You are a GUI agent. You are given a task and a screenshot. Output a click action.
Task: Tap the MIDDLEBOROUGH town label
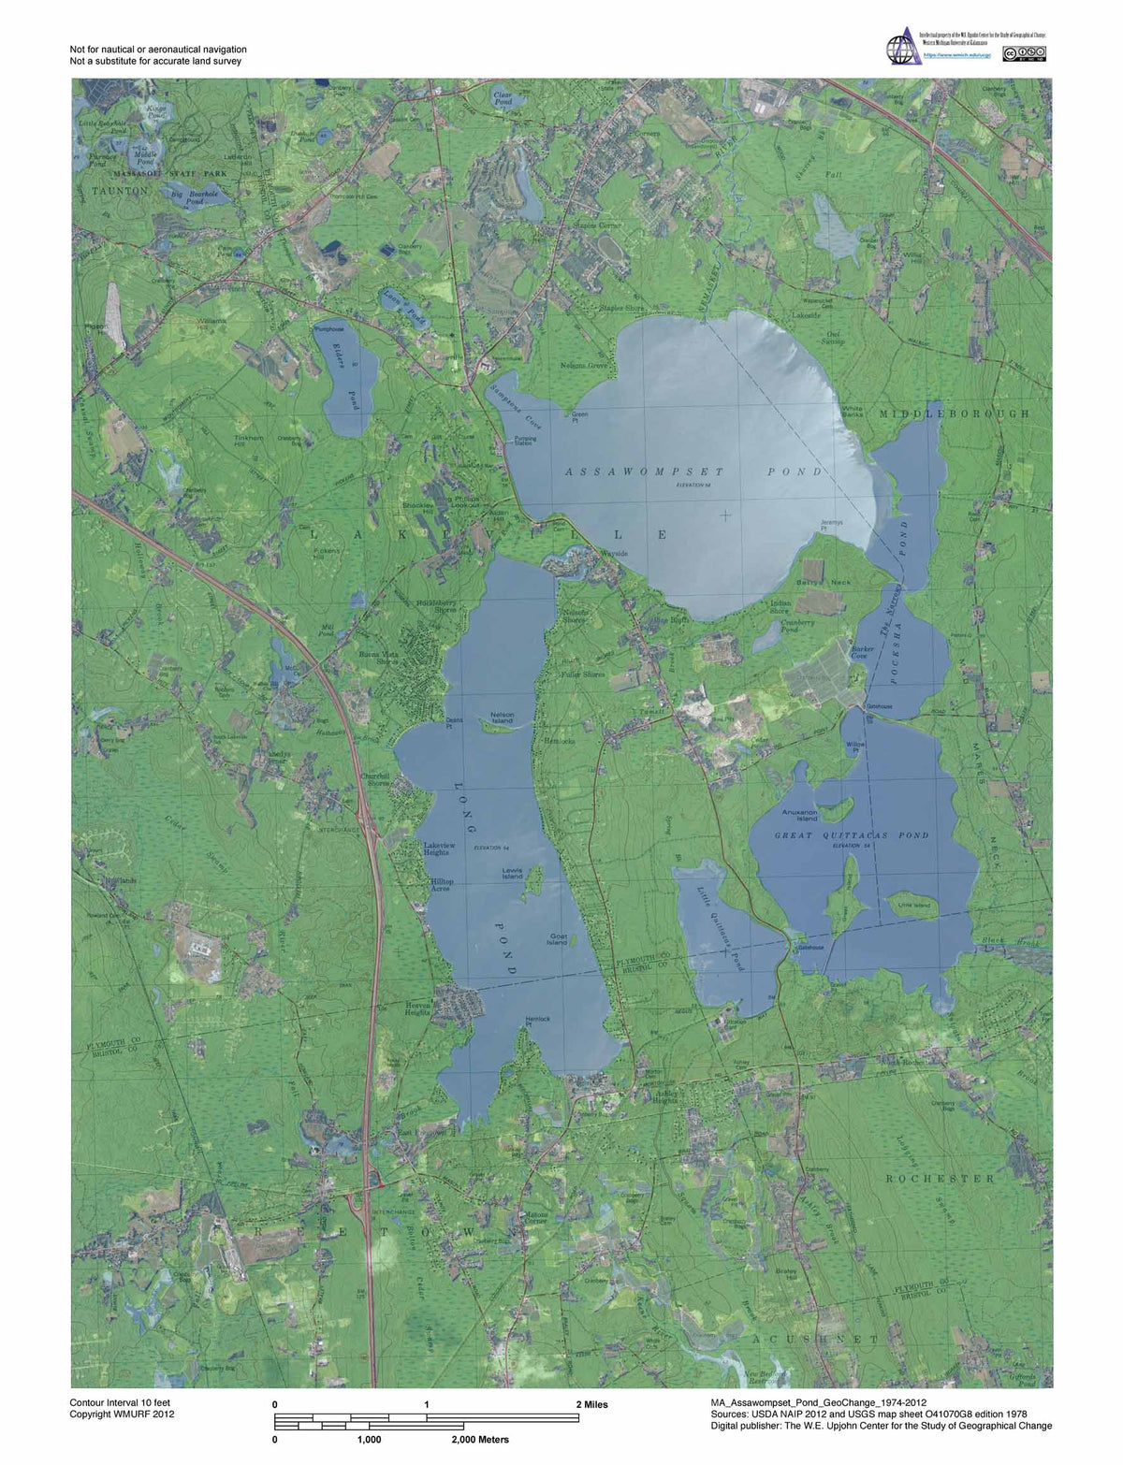953,413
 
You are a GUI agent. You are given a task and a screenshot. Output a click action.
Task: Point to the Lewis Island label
512,873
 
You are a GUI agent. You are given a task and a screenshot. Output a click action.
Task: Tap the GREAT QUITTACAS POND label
851,835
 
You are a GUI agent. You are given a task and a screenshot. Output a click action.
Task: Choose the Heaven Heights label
416,1008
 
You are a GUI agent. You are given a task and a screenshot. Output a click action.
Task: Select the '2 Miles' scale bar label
591,1404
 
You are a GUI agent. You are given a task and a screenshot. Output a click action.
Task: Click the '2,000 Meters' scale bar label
479,1439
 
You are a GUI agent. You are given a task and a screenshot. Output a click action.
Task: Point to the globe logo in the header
902,48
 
